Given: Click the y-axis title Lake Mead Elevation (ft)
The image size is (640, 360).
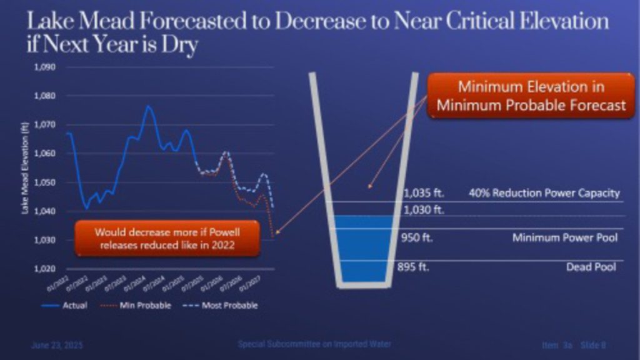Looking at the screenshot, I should pyautogui.click(x=26, y=168).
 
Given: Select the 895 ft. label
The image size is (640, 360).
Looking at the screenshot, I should pyautogui.click(x=414, y=267).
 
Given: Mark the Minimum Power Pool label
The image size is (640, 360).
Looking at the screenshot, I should pyautogui.click(x=564, y=237).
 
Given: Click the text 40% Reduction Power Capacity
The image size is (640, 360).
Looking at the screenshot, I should pyautogui.click(x=544, y=192).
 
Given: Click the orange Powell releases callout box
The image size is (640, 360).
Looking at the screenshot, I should pyautogui.click(x=167, y=238).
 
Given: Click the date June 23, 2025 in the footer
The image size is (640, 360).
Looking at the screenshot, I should pyautogui.click(x=56, y=345).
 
